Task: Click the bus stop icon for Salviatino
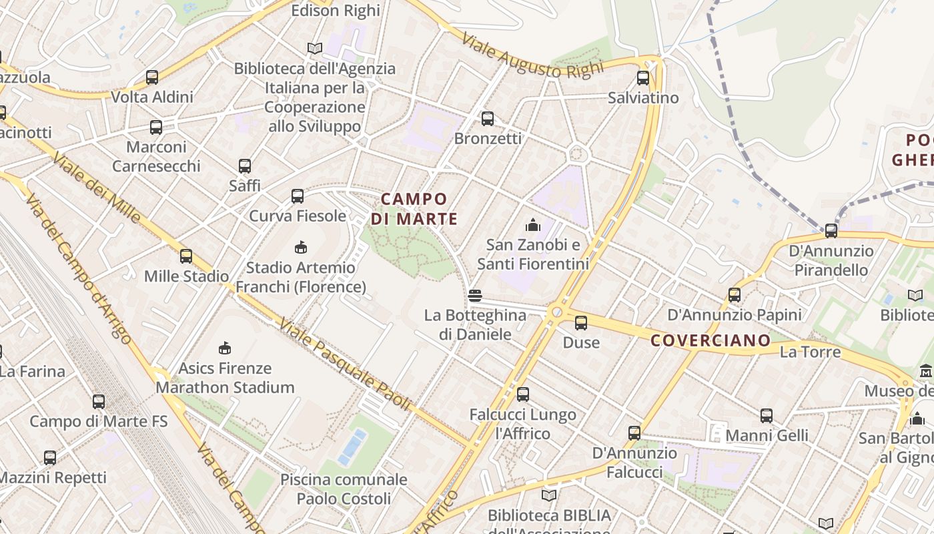(642, 78)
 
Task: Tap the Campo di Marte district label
(414, 209)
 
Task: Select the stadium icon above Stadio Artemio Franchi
(301, 248)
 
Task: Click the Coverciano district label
(711, 341)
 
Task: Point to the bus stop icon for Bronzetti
(488, 119)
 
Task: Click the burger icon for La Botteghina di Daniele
(475, 295)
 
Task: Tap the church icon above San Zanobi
(532, 225)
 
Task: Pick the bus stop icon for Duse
(581, 323)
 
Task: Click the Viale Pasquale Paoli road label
(344, 364)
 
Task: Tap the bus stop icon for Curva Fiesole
(298, 196)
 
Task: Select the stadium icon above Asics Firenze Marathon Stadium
(225, 348)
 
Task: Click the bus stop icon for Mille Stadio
(186, 256)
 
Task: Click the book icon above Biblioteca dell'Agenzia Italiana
(314, 49)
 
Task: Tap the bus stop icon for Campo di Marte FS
(99, 402)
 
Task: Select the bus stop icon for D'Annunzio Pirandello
(831, 231)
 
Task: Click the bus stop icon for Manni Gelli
(767, 416)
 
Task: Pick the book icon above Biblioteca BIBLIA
(548, 496)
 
